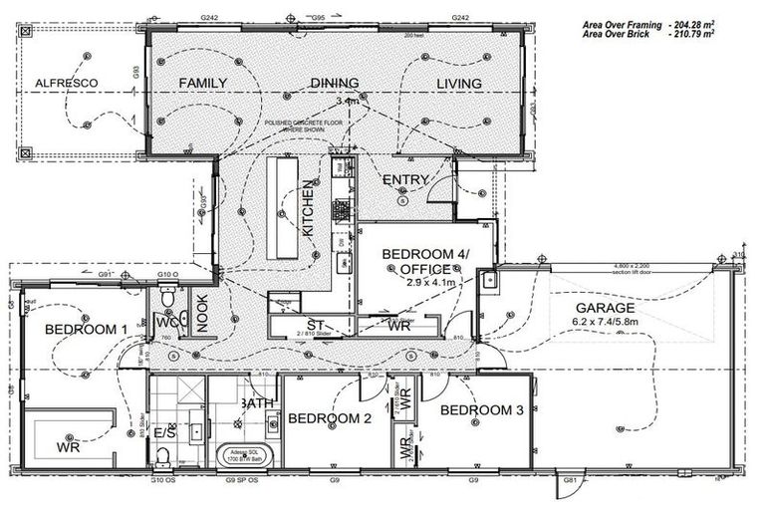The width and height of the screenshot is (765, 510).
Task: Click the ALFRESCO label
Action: (x=63, y=83)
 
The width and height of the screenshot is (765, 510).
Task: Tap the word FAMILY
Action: (x=203, y=83)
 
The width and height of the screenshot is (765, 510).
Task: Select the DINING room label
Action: (x=336, y=84)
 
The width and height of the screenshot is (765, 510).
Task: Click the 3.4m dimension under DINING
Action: (x=348, y=102)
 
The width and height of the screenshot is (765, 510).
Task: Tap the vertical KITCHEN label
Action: (x=309, y=213)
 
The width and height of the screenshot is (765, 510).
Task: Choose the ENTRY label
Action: (x=405, y=180)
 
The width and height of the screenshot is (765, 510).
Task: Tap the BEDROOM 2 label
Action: (x=330, y=419)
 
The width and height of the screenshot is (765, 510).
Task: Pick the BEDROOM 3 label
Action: (x=481, y=410)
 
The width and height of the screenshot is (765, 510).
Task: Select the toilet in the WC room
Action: (x=168, y=297)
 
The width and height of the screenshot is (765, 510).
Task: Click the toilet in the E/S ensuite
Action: (x=162, y=456)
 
